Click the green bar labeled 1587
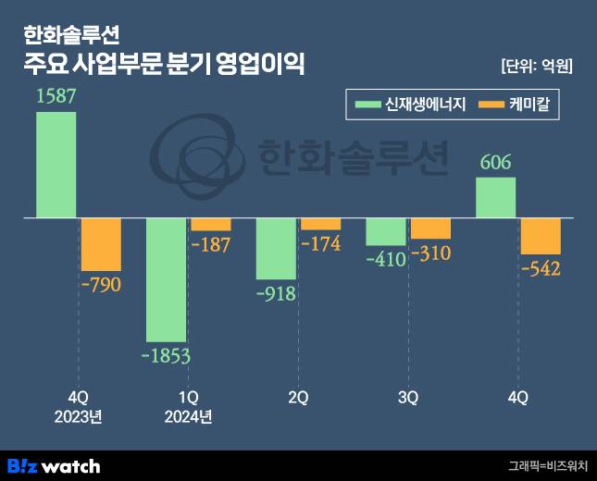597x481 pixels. click(56, 165)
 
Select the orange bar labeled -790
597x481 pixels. click(101, 244)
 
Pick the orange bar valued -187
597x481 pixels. click(211, 225)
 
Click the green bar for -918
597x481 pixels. click(276, 249)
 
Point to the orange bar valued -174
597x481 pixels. click(320, 224)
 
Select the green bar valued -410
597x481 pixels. click(386, 231)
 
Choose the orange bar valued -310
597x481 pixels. click(430, 228)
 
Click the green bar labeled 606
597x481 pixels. click(495, 198)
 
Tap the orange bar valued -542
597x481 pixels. click(541, 237)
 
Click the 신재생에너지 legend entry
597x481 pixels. click(408, 105)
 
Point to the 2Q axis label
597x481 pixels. click(298, 398)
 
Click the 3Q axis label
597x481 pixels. click(408, 398)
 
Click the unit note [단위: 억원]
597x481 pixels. click(536, 66)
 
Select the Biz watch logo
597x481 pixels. click(54, 465)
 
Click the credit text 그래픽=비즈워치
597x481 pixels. click(546, 466)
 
